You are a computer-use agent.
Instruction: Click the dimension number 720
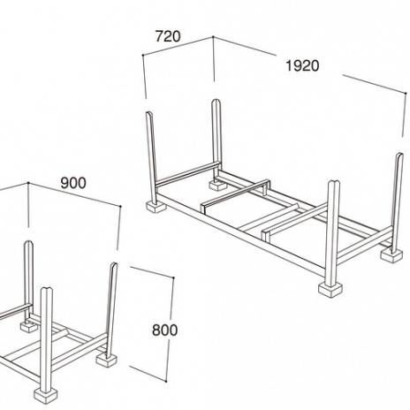coord(168,36)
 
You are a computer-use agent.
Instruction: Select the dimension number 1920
coord(302,65)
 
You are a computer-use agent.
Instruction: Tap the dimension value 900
coord(73,183)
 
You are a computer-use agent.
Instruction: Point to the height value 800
coord(165,330)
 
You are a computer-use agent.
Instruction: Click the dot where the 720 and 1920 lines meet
coord(213,37)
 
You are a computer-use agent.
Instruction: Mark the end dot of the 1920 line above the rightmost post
coord(406,94)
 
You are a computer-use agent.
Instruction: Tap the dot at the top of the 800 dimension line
coord(173,277)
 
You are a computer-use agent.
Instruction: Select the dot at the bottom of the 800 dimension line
coord(166,382)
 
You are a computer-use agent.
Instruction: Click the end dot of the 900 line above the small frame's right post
coord(120,207)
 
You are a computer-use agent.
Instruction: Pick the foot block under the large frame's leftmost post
coord(156,207)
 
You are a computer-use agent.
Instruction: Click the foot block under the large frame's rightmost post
coord(391,255)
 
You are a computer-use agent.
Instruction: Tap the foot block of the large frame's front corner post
coord(330,290)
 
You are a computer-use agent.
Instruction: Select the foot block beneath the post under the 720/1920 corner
coord(217,185)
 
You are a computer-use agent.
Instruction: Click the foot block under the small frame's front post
coord(46,394)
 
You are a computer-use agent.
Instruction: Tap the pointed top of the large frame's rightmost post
coord(399,155)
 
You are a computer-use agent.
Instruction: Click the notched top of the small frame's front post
coord(47,290)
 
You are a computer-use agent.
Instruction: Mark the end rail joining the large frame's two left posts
coord(187,174)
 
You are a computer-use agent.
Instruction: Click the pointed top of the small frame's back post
coord(28,243)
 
